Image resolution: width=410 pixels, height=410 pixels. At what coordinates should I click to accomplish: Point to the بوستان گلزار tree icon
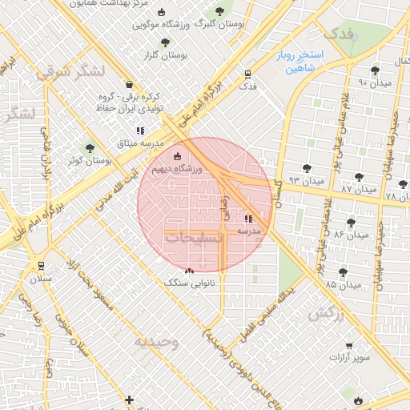click(x=165, y=42)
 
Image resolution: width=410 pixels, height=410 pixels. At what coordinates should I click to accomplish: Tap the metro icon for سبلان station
click(x=40, y=266)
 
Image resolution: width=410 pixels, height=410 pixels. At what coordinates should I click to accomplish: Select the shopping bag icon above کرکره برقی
click(x=129, y=84)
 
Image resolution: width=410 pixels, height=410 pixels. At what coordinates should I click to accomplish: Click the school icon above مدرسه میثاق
click(x=141, y=130)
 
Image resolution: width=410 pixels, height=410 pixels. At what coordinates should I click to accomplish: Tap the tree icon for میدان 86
click(x=350, y=222)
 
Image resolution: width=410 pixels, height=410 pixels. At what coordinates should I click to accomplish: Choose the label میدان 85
click(x=342, y=284)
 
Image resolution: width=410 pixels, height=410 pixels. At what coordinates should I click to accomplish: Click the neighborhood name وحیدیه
click(x=155, y=342)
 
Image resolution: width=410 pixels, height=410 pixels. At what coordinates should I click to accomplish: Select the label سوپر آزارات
click(x=352, y=356)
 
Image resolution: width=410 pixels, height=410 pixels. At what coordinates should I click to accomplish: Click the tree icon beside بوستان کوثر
click(x=90, y=148)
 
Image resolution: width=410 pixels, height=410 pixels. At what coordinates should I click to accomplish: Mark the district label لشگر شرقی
click(x=70, y=72)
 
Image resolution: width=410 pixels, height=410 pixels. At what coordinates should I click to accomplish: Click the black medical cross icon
click(x=129, y=399)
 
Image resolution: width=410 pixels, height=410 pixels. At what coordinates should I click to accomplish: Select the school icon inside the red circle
click(x=247, y=218)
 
